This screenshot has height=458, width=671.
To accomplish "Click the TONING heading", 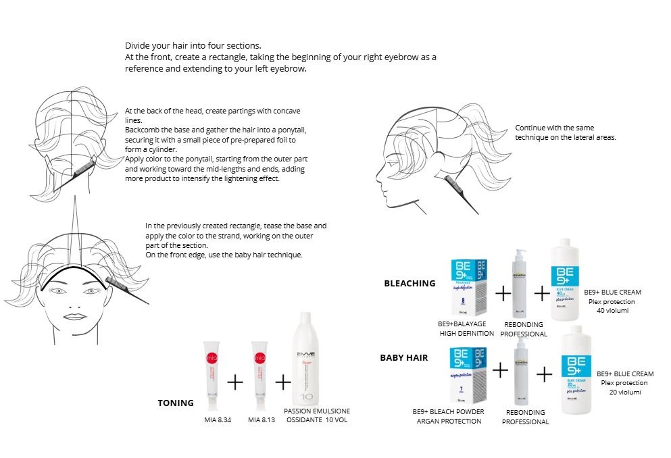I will click(x=175, y=403).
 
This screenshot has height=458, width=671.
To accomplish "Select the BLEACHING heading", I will click(x=409, y=283).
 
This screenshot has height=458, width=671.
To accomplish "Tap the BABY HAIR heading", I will click(x=403, y=357).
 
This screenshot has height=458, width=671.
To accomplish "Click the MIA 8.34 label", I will click(x=218, y=419).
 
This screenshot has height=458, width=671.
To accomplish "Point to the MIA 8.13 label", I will click(x=262, y=419).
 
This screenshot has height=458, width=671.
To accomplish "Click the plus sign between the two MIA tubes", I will click(x=235, y=382).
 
